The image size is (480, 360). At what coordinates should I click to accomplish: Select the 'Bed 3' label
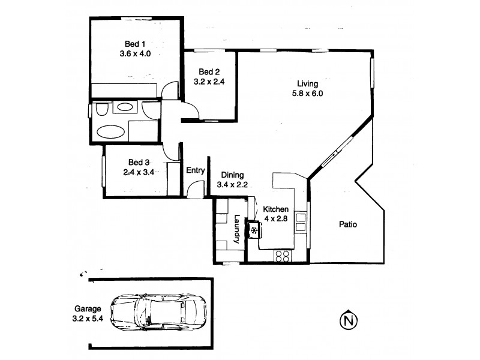click(x=138, y=162)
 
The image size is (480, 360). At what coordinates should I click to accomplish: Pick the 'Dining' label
click(x=232, y=175)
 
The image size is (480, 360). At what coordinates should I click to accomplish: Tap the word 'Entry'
click(x=196, y=170)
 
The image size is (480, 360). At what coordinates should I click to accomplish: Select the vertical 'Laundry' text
click(x=238, y=229)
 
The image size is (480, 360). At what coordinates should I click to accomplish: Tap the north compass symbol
click(x=347, y=321)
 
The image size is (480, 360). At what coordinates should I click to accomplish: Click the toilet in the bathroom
click(x=100, y=110)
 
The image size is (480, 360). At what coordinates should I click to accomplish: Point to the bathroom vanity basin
click(x=125, y=108)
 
